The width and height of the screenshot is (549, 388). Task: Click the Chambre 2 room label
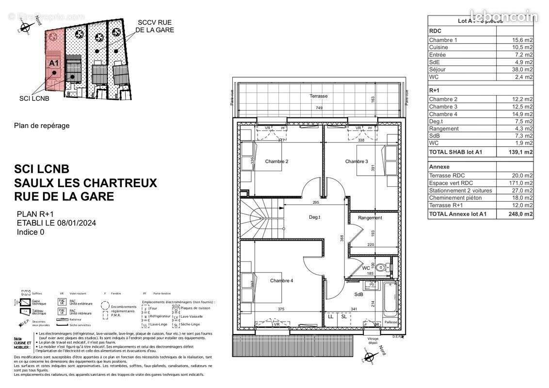pyautogui.click(x=277, y=162)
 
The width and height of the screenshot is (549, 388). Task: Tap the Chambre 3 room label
pyautogui.click(x=357, y=162)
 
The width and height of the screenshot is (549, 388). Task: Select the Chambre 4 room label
pyautogui.click(x=282, y=281)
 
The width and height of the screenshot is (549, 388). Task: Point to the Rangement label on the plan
pyautogui.click(x=370, y=218)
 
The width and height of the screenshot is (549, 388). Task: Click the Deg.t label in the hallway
pyautogui.click(x=314, y=217)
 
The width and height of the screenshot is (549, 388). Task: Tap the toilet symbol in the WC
pyautogui.click(x=383, y=267)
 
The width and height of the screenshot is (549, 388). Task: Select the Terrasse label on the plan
pyautogui.click(x=319, y=96)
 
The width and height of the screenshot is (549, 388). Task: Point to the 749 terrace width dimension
pyautogui.click(x=319, y=108)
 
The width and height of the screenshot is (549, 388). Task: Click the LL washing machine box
pyautogui.click(x=331, y=317)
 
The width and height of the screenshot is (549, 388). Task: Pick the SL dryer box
pyautogui.click(x=344, y=317)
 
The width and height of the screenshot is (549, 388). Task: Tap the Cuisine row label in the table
pyautogui.click(x=439, y=47)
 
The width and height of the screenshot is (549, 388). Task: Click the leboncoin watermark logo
pyautogui.click(x=504, y=16)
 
